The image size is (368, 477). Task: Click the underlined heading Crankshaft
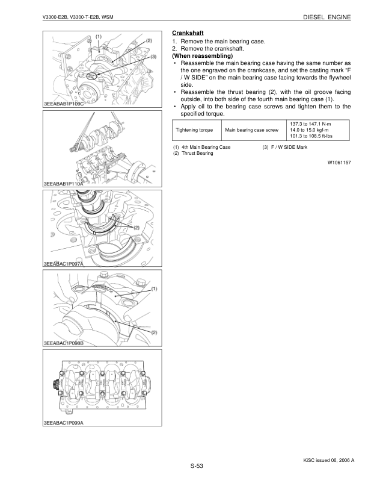pos(189,33)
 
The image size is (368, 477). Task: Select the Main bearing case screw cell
pos(252,129)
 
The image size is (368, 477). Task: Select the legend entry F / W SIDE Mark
pos(285,148)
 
